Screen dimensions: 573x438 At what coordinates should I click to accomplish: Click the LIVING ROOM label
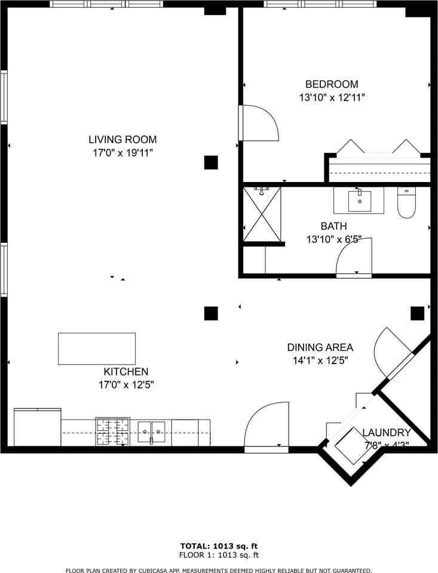tap(122, 140)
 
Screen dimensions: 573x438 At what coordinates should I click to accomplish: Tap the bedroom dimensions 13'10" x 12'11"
tap(332, 97)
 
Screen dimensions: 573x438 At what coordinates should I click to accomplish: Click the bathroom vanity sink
tap(359, 201)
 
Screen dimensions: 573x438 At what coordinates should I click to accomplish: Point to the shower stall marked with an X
tap(262, 215)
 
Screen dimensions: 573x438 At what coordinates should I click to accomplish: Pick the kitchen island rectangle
tap(96, 349)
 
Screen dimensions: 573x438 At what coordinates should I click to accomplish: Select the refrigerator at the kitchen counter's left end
tap(37, 427)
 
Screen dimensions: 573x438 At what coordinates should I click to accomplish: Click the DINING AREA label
tap(320, 347)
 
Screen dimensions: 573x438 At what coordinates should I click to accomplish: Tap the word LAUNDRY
tap(386, 433)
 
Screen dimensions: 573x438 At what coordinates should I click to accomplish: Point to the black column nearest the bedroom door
tap(210, 162)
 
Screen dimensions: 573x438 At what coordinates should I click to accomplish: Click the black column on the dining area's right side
tap(417, 313)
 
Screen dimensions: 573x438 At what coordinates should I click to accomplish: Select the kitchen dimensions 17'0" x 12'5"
tap(126, 385)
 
